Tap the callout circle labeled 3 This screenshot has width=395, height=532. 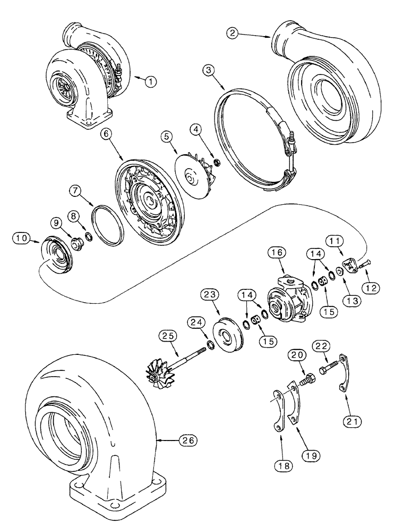(x=209, y=70)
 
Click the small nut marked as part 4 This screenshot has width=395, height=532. (x=217, y=162)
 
